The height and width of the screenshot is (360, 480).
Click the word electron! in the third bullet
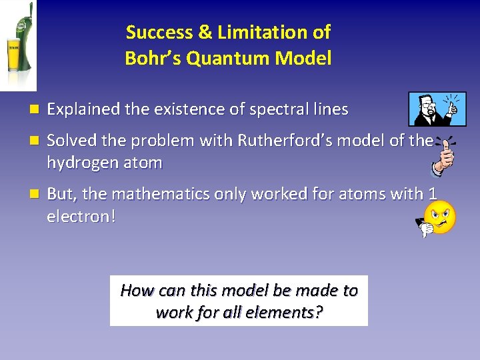(81, 217)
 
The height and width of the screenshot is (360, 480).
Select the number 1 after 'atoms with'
(433, 194)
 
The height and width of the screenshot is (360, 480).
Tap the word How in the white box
(137, 291)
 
